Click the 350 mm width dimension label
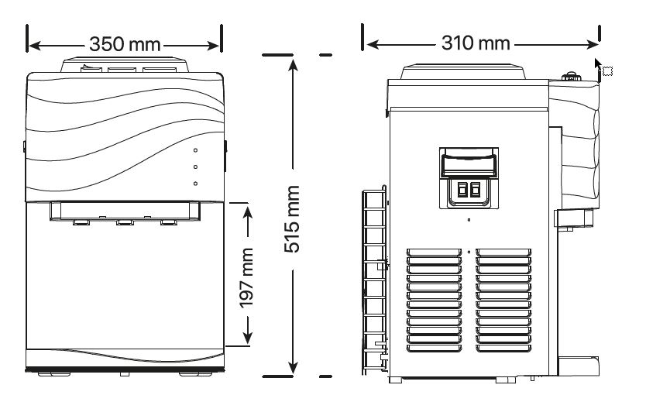[x=124, y=43]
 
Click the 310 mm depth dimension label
[x=476, y=43]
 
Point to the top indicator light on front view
[x=195, y=150]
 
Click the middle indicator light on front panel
[x=195, y=167]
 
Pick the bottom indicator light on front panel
[x=195, y=184]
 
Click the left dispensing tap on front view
[x=80, y=223]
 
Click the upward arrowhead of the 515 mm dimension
[x=292, y=62]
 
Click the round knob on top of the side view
[x=571, y=76]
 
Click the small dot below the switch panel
[x=468, y=220]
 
